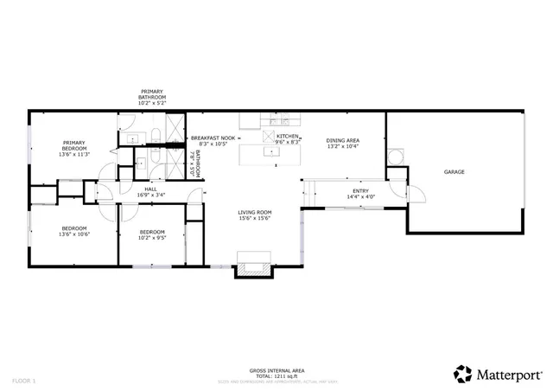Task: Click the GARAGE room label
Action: click(x=454, y=172)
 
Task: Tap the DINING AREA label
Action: click(x=343, y=140)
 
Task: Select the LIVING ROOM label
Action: click(x=255, y=212)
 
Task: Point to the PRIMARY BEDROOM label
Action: click(x=74, y=144)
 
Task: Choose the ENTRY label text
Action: click(x=360, y=190)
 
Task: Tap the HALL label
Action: click(x=150, y=189)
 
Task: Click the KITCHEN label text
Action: click(x=289, y=136)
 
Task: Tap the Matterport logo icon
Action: click(x=463, y=373)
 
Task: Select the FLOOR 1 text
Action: click(x=24, y=381)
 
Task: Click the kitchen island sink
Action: click(x=272, y=152)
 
